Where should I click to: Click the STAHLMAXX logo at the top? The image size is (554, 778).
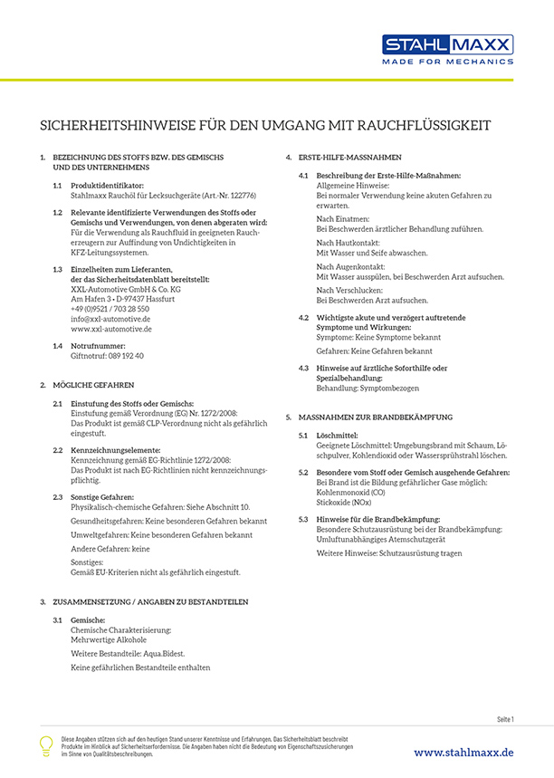(x=447, y=44)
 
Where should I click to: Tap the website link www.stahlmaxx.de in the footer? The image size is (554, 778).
(x=463, y=752)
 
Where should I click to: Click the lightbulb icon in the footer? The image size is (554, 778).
(x=47, y=745)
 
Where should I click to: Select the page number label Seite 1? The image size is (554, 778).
(x=505, y=719)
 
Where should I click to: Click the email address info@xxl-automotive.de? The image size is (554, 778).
(x=110, y=319)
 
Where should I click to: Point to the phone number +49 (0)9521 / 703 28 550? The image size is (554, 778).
(x=110, y=309)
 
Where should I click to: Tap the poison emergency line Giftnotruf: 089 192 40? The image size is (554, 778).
(x=107, y=356)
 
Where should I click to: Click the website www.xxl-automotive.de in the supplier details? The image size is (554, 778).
(x=111, y=329)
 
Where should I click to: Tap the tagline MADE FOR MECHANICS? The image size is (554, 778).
(x=447, y=62)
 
